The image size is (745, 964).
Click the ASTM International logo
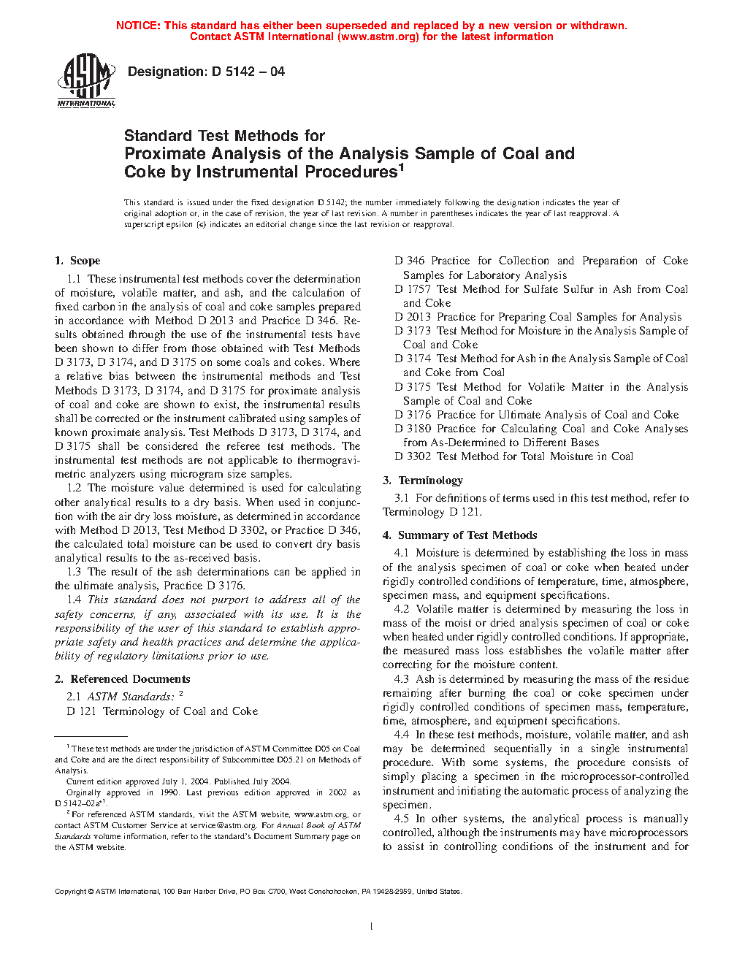coord(86,80)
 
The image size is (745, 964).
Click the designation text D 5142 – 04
coord(206,72)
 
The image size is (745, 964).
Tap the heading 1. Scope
coord(77,261)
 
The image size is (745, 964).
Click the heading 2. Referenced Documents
coord(123,679)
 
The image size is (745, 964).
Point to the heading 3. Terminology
coord(423,481)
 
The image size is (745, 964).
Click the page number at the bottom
coord(372,927)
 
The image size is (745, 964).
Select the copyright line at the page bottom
coord(258,891)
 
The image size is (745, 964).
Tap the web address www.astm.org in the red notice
coord(378,37)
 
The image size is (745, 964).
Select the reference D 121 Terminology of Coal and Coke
coord(162,711)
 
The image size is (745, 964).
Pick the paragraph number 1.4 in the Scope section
coord(74,600)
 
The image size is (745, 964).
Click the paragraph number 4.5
coord(401,819)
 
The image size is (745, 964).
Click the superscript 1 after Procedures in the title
coord(401,167)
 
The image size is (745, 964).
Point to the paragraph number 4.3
coord(401,679)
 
